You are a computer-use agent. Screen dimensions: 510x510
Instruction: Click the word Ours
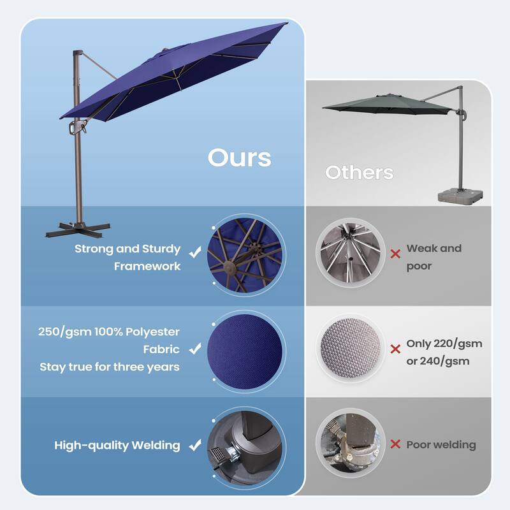[x=239, y=157]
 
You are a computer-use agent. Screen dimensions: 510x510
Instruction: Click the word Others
[x=359, y=172]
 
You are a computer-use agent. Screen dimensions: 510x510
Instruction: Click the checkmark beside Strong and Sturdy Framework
[x=195, y=252]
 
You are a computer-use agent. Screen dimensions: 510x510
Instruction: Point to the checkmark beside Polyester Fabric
[x=195, y=349]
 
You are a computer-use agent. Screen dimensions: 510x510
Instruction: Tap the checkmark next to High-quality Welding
[x=195, y=445]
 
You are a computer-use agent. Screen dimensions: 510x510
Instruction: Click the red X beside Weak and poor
[x=395, y=254]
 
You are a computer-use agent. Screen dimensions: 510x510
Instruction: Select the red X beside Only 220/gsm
[x=395, y=349]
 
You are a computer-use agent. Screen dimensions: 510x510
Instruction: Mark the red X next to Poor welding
[x=395, y=444]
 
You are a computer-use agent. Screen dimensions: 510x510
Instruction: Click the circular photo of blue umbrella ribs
[x=245, y=253]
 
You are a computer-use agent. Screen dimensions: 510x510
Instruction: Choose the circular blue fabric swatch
[x=245, y=349]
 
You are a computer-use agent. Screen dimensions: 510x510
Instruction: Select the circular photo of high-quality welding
[x=245, y=445]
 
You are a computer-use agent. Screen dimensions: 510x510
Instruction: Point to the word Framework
[x=147, y=266]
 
